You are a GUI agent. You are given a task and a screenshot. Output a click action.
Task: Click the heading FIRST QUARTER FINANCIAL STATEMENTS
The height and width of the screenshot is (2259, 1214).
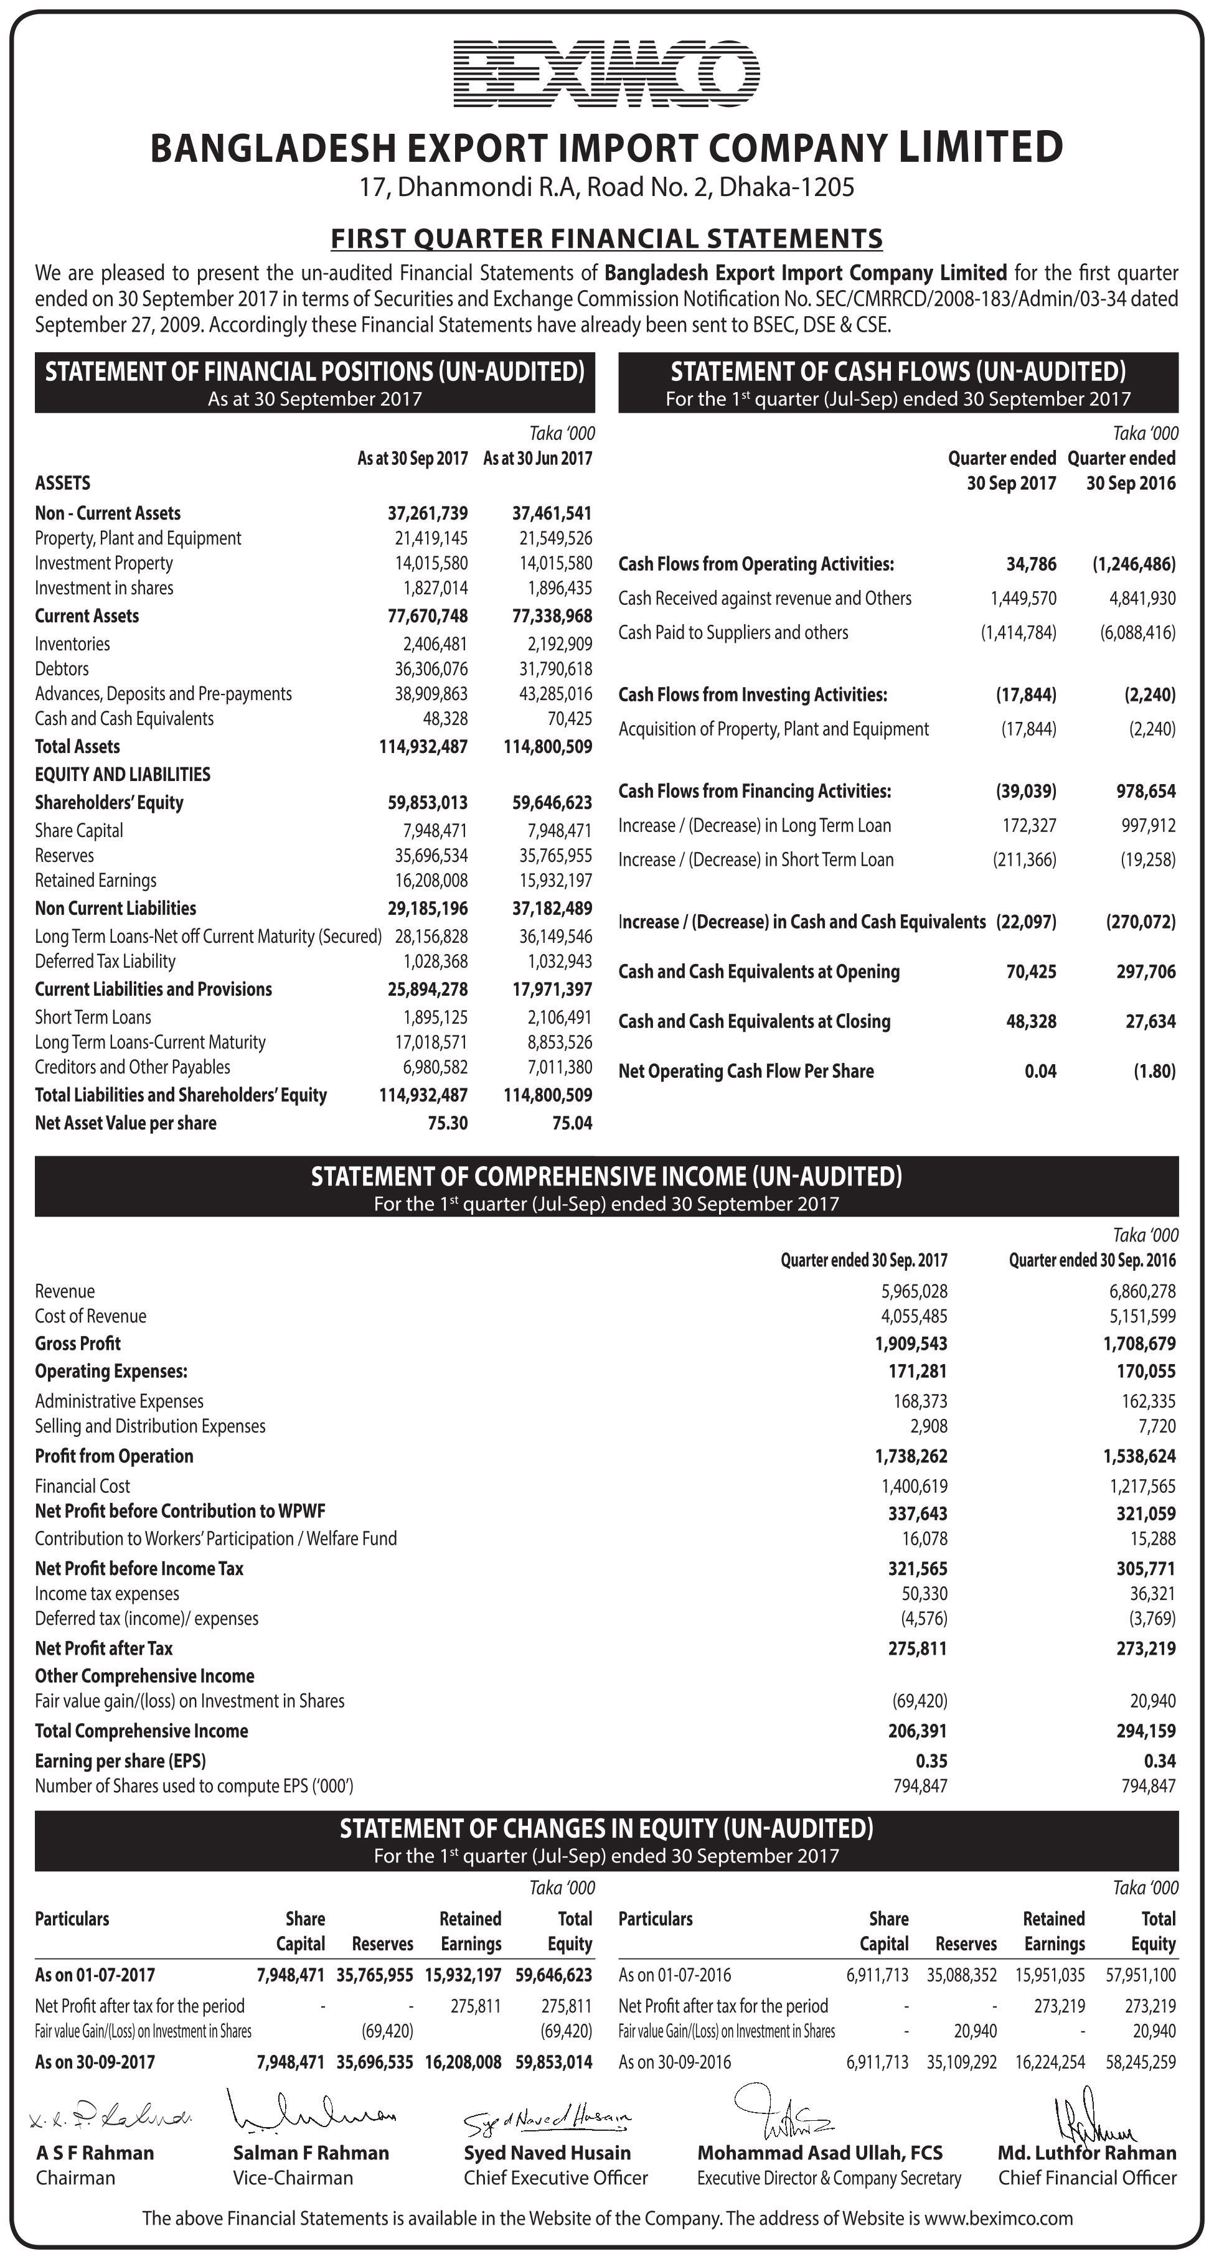click(x=606, y=238)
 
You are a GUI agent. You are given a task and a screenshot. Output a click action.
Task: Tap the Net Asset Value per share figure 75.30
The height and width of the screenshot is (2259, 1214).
click(x=448, y=1123)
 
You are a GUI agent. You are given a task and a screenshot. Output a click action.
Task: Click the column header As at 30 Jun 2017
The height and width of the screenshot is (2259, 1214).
click(x=538, y=459)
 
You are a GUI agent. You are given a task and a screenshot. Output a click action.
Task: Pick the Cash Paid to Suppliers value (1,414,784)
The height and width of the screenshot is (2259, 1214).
click(x=1019, y=632)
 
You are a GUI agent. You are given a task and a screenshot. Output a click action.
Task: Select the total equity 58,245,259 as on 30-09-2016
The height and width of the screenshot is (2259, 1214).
click(x=1141, y=2062)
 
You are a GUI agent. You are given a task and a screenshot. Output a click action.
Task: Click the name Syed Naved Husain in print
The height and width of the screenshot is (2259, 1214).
click(x=547, y=2152)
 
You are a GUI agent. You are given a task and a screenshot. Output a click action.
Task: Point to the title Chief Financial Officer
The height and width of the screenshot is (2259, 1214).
click(x=1087, y=2177)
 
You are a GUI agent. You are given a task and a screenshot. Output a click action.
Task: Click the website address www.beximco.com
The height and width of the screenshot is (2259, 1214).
click(x=998, y=2218)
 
